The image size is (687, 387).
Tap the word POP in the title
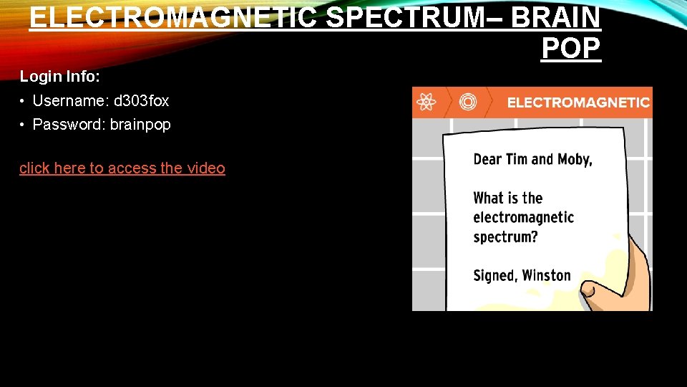coord(571,48)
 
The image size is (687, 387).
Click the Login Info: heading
coord(59,76)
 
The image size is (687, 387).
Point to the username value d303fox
coord(142,101)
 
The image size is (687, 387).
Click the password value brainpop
coord(140,125)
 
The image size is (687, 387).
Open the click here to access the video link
coord(122,168)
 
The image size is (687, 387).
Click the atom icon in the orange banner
coord(427,102)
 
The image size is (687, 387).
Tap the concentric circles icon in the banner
coord(467,102)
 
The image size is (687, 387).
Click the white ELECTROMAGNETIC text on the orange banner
coord(578,102)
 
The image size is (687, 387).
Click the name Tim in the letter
coord(517,159)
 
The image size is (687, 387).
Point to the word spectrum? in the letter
coord(505,236)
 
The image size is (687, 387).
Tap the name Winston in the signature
coord(546,275)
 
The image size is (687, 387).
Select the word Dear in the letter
coord(487,159)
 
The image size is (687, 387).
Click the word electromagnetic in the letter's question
coord(523,217)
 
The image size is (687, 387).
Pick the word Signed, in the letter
coord(494,276)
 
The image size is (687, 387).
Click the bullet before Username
coord(24,101)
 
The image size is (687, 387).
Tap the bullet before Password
coord(24,125)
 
